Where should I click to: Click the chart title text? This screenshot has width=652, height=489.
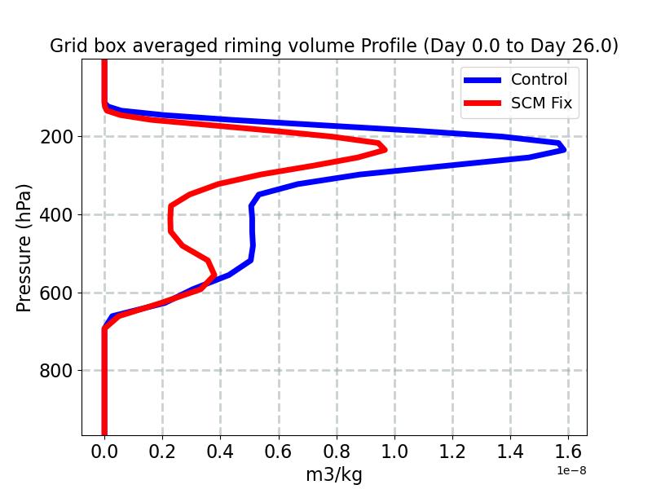pos(334,46)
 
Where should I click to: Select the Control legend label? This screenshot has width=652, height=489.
pos(539,79)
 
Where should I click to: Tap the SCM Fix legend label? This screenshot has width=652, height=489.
pos(541,104)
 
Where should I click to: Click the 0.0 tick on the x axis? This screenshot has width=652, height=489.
pos(104,451)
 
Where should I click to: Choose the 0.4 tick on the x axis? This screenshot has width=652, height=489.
pos(221,451)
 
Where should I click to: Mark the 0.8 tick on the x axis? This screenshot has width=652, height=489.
pos(337,451)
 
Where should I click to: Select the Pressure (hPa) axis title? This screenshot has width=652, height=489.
pos(24,248)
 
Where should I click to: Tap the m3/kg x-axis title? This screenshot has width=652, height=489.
pos(334,474)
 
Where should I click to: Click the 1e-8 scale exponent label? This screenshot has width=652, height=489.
pos(572,470)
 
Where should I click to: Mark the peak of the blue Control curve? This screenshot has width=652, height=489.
pos(563,149)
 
